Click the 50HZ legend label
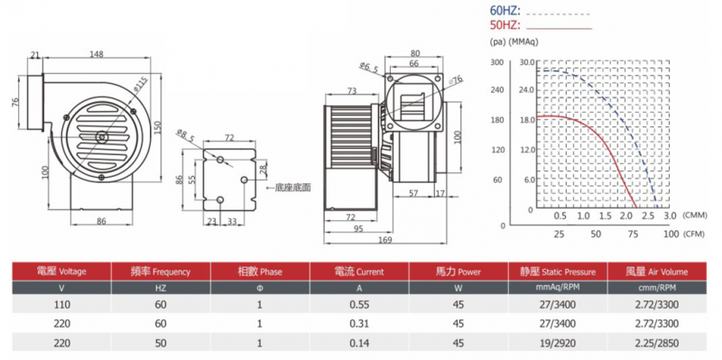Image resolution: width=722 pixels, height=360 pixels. pyautogui.click(x=504, y=25)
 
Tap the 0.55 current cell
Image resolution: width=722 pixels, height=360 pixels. pyautogui.click(x=359, y=304)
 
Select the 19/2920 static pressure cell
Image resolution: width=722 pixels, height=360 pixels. pyautogui.click(x=558, y=343)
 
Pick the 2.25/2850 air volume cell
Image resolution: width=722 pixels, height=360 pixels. pyautogui.click(x=658, y=343)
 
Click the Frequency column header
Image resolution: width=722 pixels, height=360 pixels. pyautogui.click(x=161, y=272)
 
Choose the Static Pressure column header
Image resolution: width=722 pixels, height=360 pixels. pyautogui.click(x=558, y=272)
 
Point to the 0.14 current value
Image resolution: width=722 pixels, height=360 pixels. pyautogui.click(x=359, y=343)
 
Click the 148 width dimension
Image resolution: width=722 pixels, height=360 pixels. pyautogui.click(x=97, y=54)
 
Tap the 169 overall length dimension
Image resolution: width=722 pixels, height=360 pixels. pyautogui.click(x=385, y=239)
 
